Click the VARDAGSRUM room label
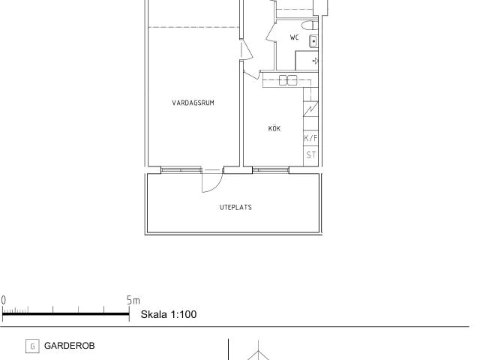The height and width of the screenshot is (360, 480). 193,103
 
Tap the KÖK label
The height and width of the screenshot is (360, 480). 274,128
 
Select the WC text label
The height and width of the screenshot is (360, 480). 294,37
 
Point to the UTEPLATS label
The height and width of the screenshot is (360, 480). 235,207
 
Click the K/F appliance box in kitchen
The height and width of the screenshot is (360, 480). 310,138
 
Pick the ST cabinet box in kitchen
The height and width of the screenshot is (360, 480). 310,155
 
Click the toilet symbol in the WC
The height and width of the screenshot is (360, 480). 310,25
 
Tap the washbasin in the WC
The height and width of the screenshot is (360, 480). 313,41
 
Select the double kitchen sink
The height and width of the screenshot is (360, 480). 288,80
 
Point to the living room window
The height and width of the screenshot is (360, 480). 181,170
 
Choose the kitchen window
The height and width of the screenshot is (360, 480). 271,170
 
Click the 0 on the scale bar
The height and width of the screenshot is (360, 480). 3,300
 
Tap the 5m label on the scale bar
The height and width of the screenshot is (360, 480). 133,300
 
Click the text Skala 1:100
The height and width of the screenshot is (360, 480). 169,314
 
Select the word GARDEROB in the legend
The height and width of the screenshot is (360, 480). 70,346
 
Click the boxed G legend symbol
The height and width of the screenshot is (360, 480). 32,346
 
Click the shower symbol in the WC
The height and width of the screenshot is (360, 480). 315,61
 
